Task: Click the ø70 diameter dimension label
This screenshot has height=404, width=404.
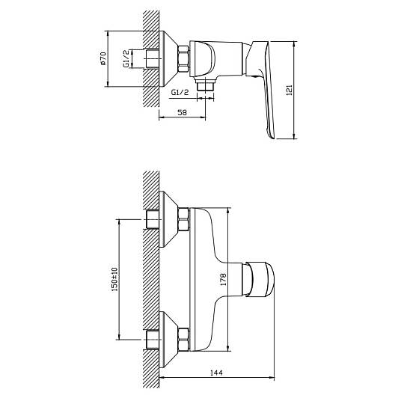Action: click(103, 58)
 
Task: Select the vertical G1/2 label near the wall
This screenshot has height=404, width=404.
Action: click(126, 59)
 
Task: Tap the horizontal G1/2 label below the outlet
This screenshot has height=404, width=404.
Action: click(180, 92)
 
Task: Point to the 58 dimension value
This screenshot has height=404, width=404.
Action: click(182, 112)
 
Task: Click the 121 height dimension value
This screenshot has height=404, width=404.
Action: click(290, 91)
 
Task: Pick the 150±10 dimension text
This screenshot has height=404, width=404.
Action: click(114, 279)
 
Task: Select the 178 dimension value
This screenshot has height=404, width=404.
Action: click(223, 279)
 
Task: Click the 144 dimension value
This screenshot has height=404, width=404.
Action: click(216, 373)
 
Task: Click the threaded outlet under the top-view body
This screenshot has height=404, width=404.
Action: click(205, 85)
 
